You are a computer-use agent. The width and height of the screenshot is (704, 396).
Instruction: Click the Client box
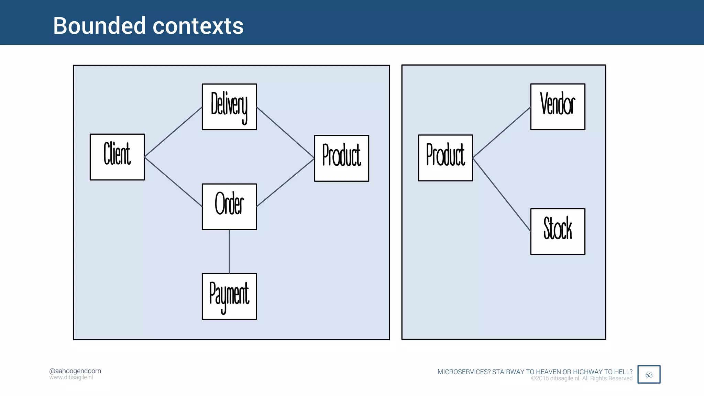click(x=117, y=157)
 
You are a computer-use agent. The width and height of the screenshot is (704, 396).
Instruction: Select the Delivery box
click(x=229, y=107)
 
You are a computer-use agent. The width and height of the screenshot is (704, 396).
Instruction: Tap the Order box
click(x=229, y=207)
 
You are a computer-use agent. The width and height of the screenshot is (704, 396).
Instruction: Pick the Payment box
click(x=229, y=296)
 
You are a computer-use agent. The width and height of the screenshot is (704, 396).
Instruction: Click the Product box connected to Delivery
click(x=341, y=158)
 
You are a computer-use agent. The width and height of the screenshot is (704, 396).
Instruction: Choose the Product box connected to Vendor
click(x=445, y=158)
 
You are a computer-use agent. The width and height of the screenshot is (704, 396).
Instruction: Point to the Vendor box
click(x=558, y=107)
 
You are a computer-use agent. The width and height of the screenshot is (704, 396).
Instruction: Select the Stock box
click(x=558, y=231)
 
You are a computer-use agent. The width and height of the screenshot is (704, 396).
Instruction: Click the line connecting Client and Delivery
click(x=173, y=132)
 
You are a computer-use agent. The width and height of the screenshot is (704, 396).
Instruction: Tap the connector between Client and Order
click(x=173, y=182)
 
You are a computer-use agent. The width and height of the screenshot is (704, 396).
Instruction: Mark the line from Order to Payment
click(x=229, y=252)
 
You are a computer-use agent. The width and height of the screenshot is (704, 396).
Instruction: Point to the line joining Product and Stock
click(x=502, y=195)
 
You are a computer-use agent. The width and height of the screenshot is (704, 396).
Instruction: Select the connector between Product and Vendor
click(x=502, y=132)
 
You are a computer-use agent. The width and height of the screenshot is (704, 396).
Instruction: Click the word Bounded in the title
click(x=99, y=26)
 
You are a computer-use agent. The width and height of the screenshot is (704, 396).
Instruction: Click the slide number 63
click(x=649, y=375)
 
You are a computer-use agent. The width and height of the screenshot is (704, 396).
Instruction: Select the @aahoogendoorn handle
click(x=75, y=371)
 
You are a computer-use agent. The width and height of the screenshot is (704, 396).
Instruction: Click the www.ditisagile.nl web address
click(x=71, y=377)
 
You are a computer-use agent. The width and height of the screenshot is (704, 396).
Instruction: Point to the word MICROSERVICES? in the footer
click(x=464, y=372)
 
